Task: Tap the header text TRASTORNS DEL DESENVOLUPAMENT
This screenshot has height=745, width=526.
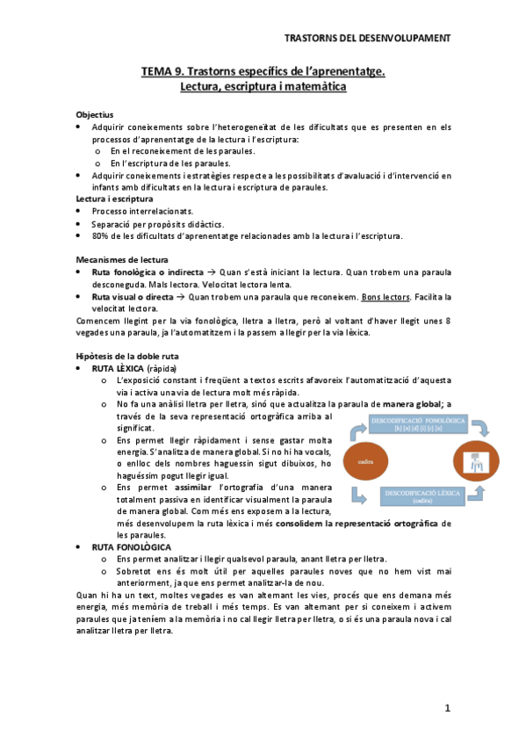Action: click(369, 38)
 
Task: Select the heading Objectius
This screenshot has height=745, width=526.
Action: click(95, 115)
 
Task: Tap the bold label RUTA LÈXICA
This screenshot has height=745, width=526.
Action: click(118, 367)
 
